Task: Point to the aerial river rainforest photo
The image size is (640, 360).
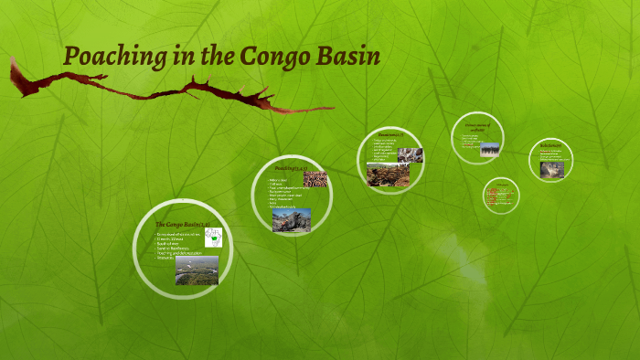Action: pos(197,270)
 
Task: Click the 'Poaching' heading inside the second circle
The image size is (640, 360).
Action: pos(287,169)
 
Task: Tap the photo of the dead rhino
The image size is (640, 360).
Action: pos(291,219)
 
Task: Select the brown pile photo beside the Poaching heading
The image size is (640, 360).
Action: pos(315,178)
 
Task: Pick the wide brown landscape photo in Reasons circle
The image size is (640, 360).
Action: pos(388,174)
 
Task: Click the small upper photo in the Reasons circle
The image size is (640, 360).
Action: pos(411,154)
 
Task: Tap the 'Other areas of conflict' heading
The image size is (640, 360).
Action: pos(477,128)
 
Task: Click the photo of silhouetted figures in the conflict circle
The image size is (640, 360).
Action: pos(489,149)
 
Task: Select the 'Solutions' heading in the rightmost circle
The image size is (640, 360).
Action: pos(550,145)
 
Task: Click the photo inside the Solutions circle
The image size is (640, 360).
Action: pos(551,169)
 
